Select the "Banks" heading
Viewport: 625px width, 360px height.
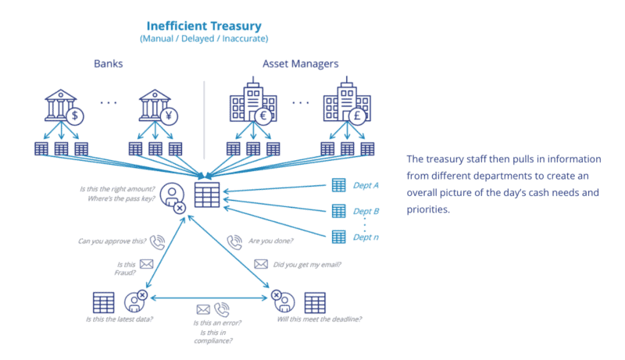109,64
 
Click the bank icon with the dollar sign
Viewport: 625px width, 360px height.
63,109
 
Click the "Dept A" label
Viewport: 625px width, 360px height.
366,186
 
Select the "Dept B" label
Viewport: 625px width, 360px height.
366,211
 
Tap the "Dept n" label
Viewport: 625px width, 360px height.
366,237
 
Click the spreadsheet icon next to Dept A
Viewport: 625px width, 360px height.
338,185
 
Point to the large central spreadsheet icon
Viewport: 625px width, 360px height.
206,195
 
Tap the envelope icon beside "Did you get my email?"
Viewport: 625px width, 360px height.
259,264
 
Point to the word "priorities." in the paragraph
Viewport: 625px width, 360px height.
429,209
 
